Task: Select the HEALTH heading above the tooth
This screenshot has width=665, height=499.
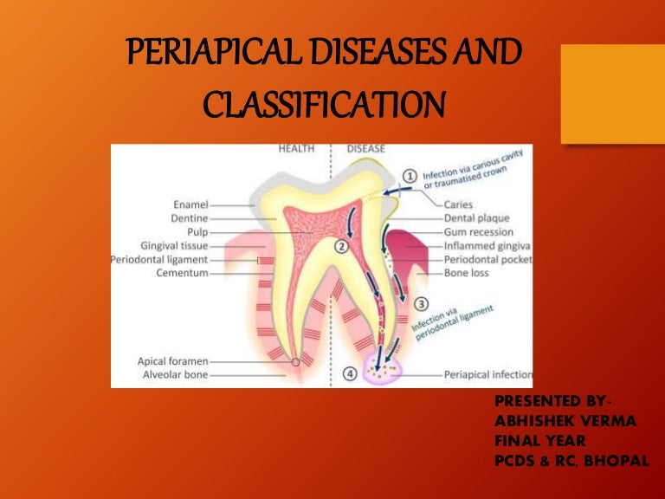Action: (296, 149)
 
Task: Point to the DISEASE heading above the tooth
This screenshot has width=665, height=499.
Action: (365, 149)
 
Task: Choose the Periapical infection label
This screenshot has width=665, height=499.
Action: (487, 375)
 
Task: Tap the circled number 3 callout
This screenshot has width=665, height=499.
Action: (421, 303)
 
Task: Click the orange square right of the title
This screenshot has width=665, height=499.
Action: (612, 94)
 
